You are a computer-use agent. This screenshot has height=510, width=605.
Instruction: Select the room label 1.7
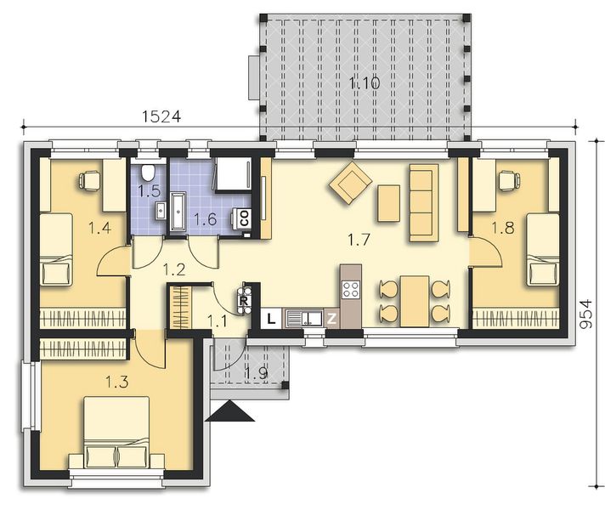tap(359, 239)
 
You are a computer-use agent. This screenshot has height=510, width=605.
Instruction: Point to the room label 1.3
tap(119, 382)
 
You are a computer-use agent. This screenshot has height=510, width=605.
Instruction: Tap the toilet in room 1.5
tap(150, 170)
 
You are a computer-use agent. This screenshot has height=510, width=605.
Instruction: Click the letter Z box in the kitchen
tap(333, 319)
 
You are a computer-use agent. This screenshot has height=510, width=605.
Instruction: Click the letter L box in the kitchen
tap(269, 319)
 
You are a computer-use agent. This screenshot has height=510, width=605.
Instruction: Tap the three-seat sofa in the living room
tap(423, 202)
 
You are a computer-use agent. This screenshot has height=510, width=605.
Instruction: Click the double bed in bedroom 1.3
tap(118, 434)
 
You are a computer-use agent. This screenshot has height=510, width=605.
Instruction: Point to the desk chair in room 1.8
tap(507, 179)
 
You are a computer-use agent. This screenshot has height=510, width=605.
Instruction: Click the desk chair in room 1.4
tap(89, 179)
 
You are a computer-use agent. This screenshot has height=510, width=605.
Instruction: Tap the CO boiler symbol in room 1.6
tap(244, 217)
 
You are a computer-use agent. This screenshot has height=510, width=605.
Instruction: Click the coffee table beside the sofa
tap(388, 203)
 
